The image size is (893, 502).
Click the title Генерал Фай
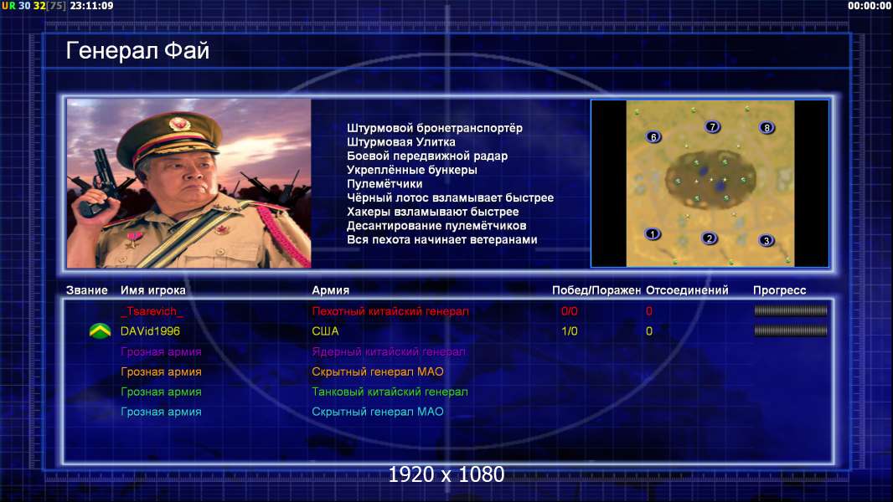point(138,51)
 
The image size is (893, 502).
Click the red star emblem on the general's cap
point(178,123)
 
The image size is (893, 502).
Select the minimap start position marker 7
point(712,127)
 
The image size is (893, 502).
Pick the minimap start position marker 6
point(653,136)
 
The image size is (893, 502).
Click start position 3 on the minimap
point(766,240)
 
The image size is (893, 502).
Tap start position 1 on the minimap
point(653,233)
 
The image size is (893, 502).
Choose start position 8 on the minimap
point(767,128)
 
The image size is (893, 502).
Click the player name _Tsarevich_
point(152,311)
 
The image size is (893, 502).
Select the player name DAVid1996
point(150,330)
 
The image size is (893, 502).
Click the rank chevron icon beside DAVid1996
point(101,330)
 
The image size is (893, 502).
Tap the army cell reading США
point(325,330)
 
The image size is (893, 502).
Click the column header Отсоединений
point(687,290)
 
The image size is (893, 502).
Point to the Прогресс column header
point(779,290)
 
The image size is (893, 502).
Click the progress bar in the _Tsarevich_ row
point(791,310)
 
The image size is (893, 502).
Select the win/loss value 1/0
point(570,330)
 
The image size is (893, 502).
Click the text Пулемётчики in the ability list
point(385,183)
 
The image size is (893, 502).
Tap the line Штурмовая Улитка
point(401,142)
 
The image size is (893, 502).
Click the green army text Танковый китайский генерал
point(390,392)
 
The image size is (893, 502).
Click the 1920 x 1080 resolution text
point(446,474)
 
